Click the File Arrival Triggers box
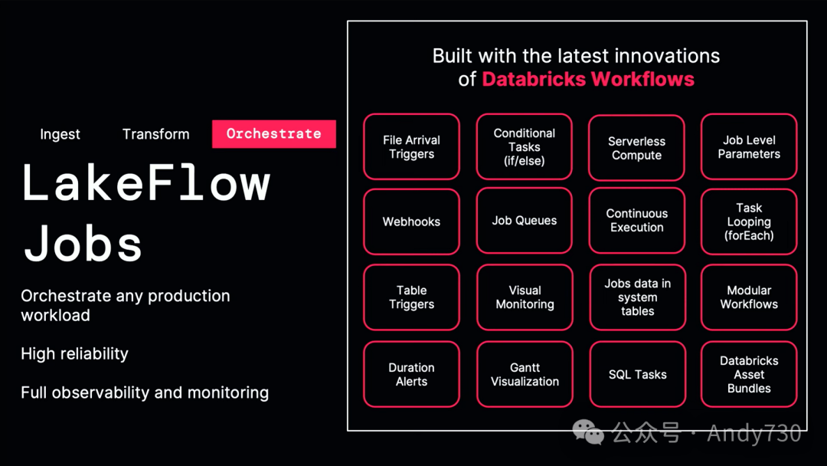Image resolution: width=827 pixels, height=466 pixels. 411,147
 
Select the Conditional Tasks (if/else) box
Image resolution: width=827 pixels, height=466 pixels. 525,147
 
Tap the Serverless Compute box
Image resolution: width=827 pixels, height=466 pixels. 637,148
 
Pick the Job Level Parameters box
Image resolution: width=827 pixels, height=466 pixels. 749,147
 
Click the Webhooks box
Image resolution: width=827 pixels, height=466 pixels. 411,222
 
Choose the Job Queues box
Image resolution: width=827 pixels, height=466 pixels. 525,221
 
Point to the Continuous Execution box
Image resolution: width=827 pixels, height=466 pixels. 637,221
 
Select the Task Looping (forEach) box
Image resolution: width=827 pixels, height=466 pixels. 749,222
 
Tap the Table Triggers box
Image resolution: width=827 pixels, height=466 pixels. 411,297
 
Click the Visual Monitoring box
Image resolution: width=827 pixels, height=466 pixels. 525,297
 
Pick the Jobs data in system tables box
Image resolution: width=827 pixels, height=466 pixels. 637,297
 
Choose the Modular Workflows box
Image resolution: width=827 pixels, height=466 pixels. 749,297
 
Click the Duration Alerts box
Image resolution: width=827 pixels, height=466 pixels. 411,374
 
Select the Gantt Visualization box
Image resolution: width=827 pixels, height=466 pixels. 525,374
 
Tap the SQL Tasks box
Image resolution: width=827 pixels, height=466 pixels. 637,374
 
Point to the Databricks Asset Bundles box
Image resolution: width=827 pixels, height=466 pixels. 749,374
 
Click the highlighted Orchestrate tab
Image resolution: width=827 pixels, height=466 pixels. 273,133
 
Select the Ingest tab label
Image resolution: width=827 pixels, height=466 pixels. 60,134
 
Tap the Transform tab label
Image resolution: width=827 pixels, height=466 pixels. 155,134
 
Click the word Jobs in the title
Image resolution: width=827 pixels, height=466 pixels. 83,244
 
